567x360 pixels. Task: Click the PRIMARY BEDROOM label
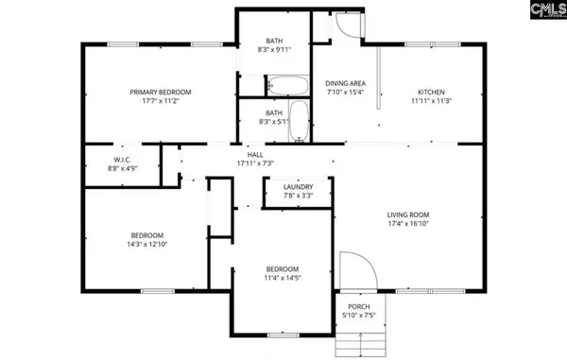tap(160, 92)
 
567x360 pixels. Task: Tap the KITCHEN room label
tap(430, 92)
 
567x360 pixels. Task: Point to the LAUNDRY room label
tap(298, 187)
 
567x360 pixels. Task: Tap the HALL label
tap(255, 154)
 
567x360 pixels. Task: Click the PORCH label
tap(358, 306)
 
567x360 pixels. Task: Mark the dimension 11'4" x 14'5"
tap(282, 278)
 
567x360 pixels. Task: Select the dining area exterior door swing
tap(348, 26)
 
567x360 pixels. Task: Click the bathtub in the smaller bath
tap(299, 120)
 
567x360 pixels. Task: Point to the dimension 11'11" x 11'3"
tap(430, 101)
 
